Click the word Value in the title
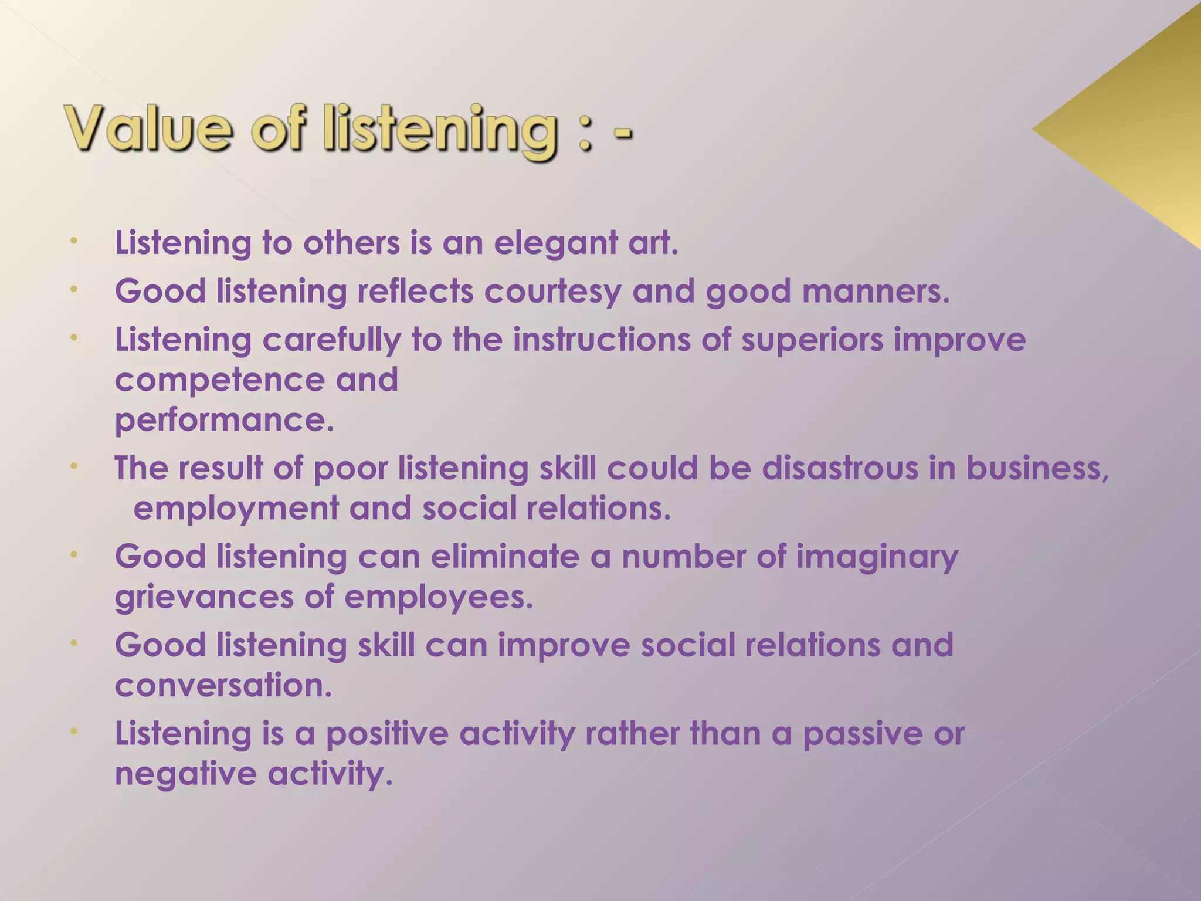149,129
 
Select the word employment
236,509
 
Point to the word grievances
203,598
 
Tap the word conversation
223,685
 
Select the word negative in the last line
185,774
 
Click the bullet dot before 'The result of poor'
74,466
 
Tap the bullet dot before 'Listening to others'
74,241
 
